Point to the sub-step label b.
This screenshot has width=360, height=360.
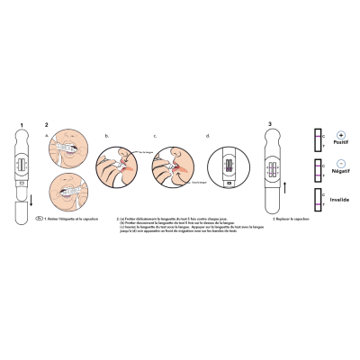point(106,135)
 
